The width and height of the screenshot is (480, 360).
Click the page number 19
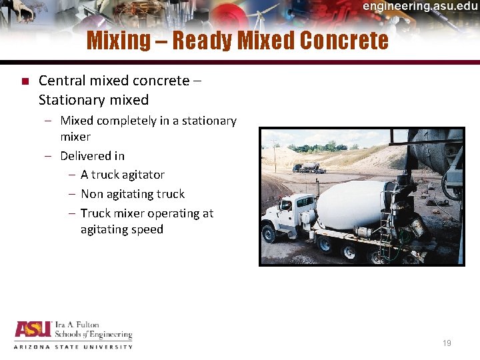click(447, 343)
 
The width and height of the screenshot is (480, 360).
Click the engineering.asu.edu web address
click(419, 7)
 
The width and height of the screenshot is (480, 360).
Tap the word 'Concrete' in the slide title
click(344, 41)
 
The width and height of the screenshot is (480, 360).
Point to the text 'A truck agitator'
click(122, 175)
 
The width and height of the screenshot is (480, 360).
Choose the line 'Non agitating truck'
click(132, 194)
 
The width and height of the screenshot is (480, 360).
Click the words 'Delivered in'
click(92, 156)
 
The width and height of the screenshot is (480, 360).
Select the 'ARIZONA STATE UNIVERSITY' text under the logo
click(73, 347)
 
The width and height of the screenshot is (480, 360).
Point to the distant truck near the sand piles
click(308, 167)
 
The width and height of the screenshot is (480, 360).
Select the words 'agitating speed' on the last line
click(121, 229)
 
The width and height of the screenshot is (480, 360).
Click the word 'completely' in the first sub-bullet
click(127, 121)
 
